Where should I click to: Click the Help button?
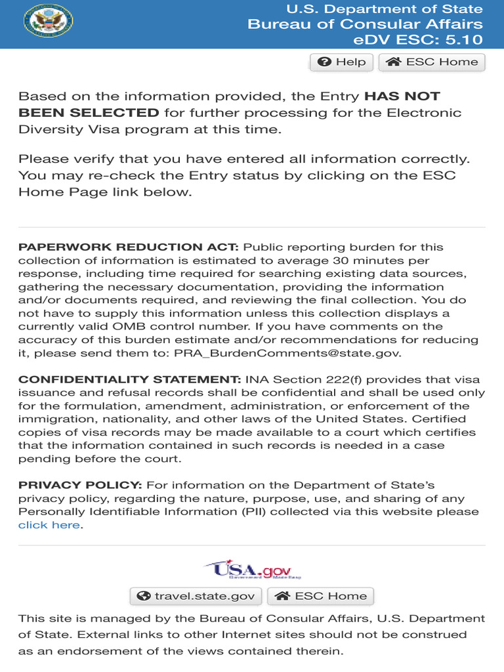(341, 62)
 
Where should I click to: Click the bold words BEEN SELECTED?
(89, 112)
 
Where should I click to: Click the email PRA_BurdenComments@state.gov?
(286, 353)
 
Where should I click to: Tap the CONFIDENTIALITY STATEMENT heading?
(129, 380)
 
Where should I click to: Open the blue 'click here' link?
(49, 525)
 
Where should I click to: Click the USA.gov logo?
(252, 570)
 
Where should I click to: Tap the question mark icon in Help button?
(324, 62)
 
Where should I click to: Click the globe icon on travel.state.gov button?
(144, 596)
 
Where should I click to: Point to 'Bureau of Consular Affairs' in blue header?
(365, 24)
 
